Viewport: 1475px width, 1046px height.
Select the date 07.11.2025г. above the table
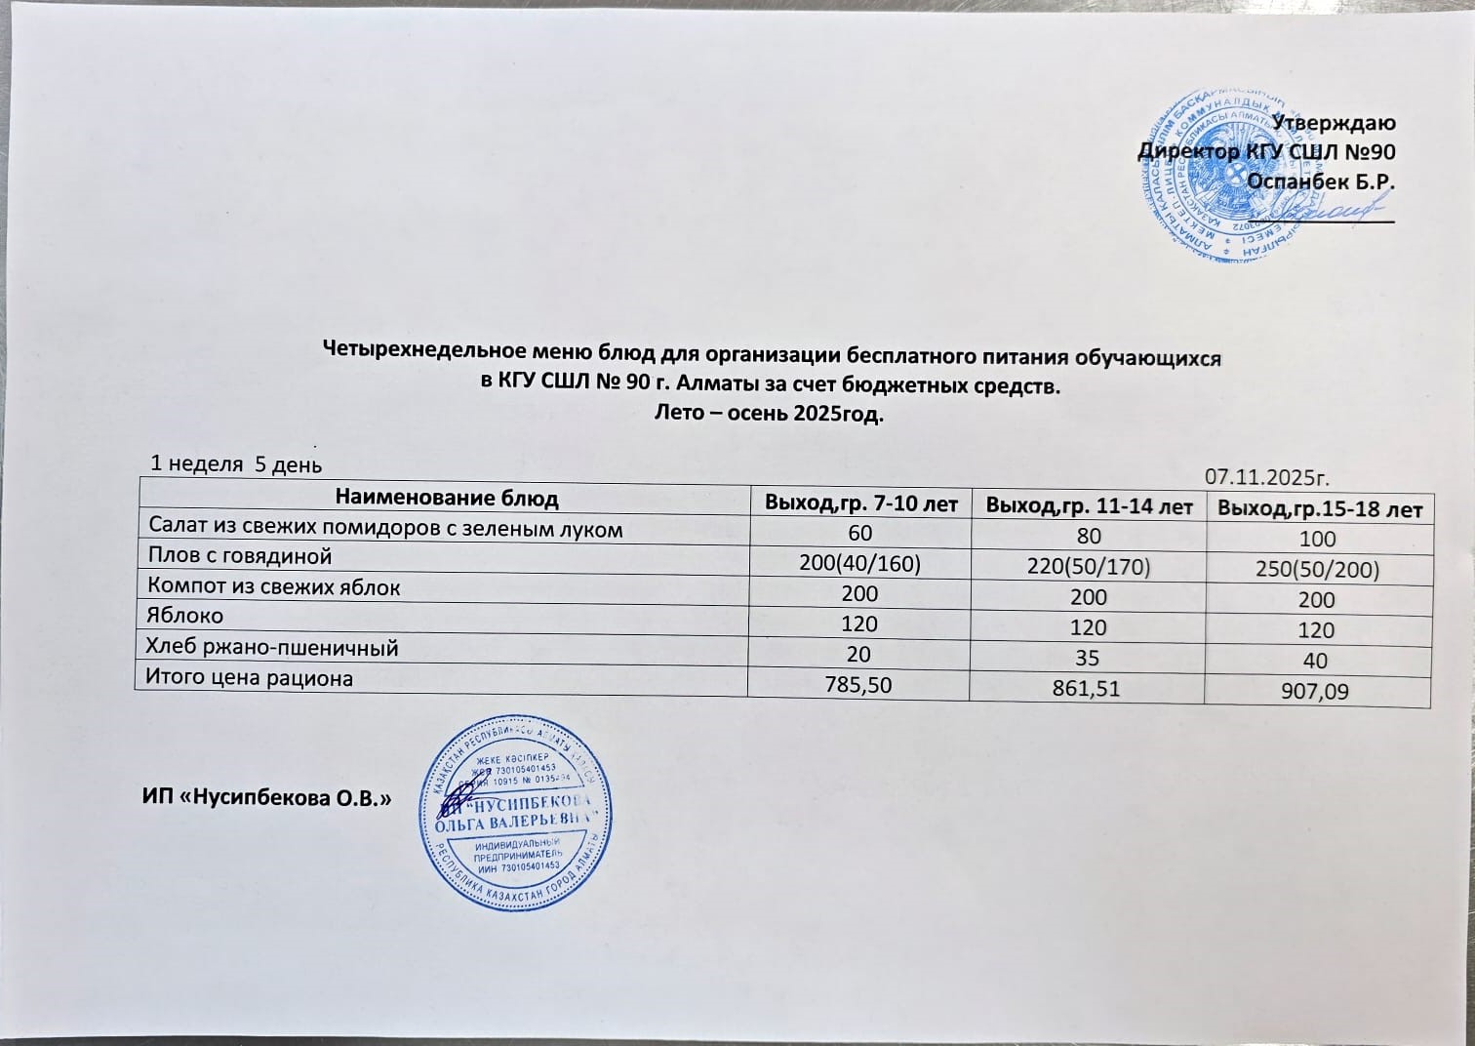tap(1267, 477)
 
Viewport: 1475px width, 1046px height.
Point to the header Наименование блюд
tap(447, 499)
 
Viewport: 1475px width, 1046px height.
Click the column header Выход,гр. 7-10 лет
tap(861, 504)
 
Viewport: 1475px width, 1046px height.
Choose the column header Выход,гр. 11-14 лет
tap(1089, 506)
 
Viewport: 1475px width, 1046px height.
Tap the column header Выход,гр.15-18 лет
tap(1320, 509)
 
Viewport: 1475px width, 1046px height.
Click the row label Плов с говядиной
tap(240, 556)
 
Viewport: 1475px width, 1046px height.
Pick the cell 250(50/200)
tap(1317, 570)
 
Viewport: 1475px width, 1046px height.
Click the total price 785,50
tap(858, 685)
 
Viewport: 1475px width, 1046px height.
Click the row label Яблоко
tap(184, 616)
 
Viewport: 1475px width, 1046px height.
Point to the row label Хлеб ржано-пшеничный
tap(272, 647)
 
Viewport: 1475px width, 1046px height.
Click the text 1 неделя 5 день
tap(236, 464)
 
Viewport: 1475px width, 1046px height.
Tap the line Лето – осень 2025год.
tap(771, 414)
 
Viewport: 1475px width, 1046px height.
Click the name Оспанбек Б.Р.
tap(1321, 181)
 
